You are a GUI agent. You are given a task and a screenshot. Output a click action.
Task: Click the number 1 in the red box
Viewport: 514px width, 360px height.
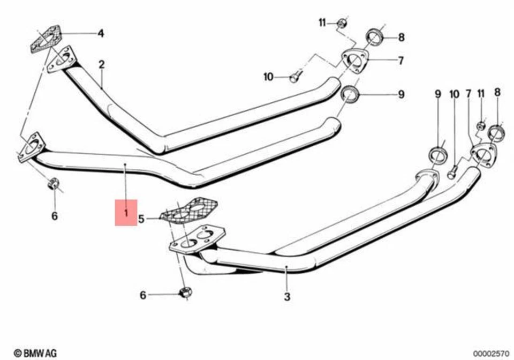click(126, 213)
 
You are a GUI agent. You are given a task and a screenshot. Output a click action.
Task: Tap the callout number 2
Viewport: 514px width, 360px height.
click(101, 64)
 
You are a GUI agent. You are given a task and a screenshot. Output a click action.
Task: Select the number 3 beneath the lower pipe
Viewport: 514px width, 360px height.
click(287, 296)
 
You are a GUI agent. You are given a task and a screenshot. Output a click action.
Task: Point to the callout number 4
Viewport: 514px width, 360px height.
click(100, 34)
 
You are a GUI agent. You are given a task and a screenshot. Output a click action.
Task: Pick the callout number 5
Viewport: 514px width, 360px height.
click(141, 218)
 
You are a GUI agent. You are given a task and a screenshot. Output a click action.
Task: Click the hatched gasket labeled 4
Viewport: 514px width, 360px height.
click(44, 39)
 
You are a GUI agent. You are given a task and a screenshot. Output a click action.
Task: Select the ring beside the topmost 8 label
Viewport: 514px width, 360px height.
click(374, 37)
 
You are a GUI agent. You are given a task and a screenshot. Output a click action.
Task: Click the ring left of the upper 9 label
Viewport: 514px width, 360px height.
click(349, 95)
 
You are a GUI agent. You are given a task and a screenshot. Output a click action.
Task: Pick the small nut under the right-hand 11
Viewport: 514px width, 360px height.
click(481, 126)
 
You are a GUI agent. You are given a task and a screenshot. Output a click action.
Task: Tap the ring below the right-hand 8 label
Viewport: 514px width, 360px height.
click(497, 131)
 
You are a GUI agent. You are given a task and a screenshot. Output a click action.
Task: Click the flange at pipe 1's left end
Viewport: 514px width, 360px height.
click(31, 148)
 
